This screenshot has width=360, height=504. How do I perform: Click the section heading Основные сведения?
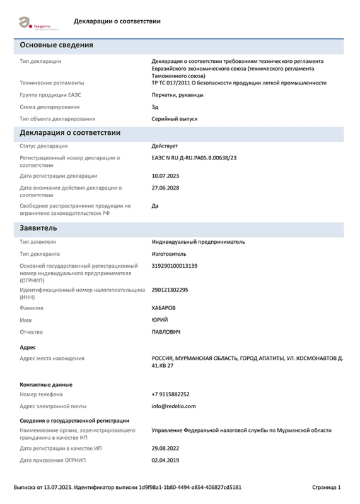click(57, 45)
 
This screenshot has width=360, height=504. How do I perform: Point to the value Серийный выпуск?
click(175, 118)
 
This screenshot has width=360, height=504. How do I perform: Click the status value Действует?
click(165, 146)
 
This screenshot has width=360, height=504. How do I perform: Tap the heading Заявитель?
click(38, 227)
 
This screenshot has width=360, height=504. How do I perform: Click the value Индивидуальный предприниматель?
click(199, 241)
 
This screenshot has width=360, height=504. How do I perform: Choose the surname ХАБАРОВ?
click(164, 308)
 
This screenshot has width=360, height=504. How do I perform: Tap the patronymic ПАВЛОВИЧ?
click(166, 331)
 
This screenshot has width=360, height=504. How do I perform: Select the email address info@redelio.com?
click(174, 406)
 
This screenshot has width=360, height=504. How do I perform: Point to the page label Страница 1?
click(327, 488)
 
